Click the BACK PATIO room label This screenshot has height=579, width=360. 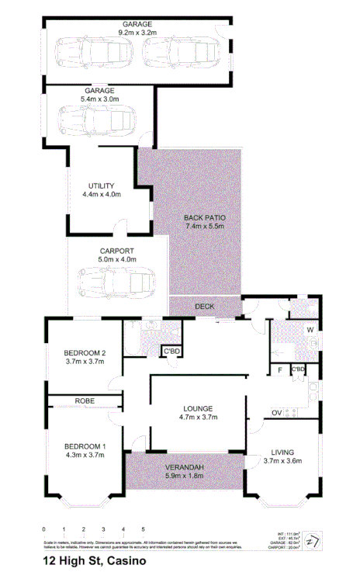pyautogui.click(x=205, y=217)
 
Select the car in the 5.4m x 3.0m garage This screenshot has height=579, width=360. pyautogui.click(x=98, y=120)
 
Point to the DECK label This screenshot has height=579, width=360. pyautogui.click(x=204, y=307)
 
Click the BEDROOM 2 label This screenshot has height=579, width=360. pyautogui.click(x=85, y=353)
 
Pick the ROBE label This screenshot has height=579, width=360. pyautogui.click(x=85, y=400)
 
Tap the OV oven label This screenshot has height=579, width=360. pyautogui.click(x=276, y=412)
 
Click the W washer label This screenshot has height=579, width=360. pyautogui.click(x=310, y=331)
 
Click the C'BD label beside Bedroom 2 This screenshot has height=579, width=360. pyautogui.click(x=171, y=352)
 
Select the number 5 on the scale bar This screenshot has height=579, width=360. pyautogui.click(x=143, y=529)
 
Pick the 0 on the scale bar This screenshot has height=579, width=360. pyautogui.click(x=44, y=529)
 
